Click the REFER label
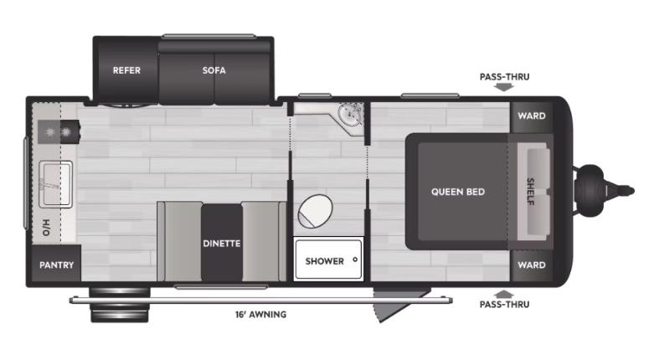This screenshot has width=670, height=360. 126,70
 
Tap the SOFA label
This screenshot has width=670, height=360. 214,70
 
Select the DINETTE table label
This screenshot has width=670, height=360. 221,244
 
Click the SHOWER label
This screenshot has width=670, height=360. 324,260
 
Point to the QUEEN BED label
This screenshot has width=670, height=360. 458,192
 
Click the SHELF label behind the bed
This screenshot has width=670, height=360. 531,192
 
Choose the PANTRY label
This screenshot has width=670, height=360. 57,265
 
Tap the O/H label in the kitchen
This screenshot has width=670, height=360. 48,227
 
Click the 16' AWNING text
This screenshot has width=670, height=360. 260,315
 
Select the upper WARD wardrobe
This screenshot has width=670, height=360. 532,116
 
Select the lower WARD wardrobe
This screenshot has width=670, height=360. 532,265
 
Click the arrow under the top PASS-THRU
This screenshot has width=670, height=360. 503,86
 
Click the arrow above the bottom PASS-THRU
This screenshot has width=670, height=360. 503,294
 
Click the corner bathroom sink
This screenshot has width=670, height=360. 351,115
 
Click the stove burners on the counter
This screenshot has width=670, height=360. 58,132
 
